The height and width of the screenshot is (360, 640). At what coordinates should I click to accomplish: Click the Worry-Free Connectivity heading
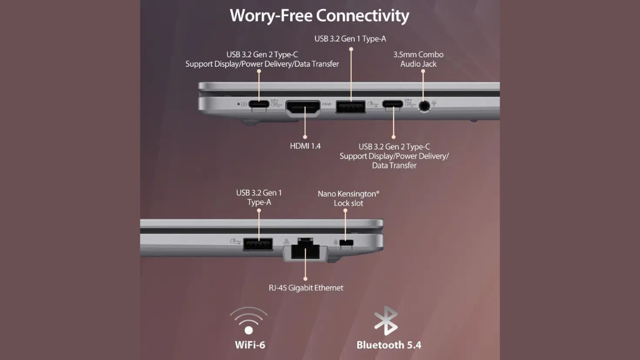click(319, 15)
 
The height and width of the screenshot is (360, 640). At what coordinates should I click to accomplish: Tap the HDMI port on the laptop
click(303, 108)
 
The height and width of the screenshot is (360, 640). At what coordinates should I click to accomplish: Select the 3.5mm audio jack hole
click(425, 106)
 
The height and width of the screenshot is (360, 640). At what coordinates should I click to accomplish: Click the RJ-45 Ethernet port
click(305, 249)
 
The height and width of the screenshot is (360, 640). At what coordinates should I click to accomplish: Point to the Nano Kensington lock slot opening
click(346, 243)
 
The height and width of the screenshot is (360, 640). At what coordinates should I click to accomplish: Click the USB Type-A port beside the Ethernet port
click(258, 244)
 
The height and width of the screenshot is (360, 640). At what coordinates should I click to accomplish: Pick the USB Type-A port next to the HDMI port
click(350, 107)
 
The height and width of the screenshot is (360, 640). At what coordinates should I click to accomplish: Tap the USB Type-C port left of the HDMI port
click(259, 103)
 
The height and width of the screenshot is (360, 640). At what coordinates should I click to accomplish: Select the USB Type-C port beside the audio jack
click(393, 103)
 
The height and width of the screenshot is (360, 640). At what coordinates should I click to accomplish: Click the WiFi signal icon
click(249, 321)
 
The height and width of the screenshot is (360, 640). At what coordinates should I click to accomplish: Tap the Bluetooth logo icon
click(386, 321)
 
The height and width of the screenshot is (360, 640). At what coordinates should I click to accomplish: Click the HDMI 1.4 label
click(305, 146)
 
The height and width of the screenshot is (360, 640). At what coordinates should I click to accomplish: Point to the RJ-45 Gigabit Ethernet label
click(306, 287)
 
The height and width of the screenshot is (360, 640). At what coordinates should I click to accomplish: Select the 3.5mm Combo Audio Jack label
click(418, 59)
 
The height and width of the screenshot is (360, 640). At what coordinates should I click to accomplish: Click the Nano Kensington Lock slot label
click(349, 198)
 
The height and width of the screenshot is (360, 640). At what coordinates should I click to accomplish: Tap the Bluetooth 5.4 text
click(389, 345)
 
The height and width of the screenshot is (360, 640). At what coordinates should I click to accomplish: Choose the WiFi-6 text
click(250, 345)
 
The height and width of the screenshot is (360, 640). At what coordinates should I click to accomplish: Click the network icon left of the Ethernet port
click(286, 242)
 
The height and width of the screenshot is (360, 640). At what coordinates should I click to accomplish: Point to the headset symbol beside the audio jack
click(434, 103)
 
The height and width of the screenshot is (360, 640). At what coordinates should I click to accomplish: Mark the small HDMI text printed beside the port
click(326, 104)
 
